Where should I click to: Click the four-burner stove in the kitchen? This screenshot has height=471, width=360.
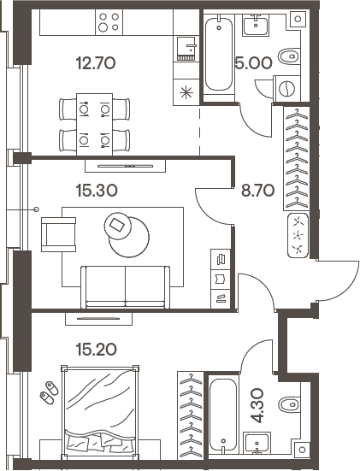coord(109,21)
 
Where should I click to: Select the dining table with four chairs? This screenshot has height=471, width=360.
coord(94,123)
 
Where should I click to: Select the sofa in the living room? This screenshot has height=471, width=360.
coord(125,285)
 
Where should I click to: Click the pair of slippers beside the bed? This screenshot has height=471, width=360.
coord(47,392)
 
